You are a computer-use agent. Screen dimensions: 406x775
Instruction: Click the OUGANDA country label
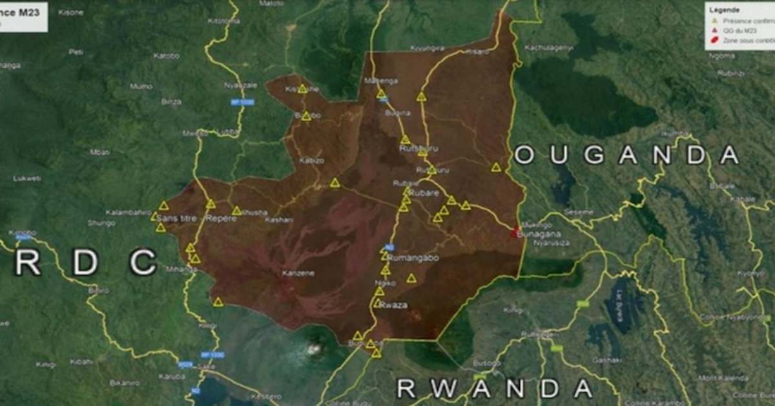tap(626, 155)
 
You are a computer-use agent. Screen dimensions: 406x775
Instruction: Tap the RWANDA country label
tap(494, 388)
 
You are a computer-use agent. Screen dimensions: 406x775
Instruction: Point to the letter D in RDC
tap(85, 262)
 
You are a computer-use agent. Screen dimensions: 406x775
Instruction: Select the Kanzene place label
tap(298, 273)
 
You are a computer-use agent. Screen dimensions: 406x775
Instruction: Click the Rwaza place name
tap(394, 305)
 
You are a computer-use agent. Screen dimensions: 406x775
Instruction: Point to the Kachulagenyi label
tap(549, 47)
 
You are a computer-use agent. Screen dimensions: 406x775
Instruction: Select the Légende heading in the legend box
tap(725, 10)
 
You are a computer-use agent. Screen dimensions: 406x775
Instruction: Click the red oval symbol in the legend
tap(715, 40)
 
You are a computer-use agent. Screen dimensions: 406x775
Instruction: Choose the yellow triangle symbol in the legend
tap(714, 21)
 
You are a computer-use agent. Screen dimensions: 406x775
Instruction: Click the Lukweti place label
tap(26, 178)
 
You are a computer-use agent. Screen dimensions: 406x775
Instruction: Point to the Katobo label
tap(166, 56)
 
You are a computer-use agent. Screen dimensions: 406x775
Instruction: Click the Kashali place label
tap(278, 220)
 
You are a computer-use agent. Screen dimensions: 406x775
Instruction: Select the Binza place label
tap(171, 101)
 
